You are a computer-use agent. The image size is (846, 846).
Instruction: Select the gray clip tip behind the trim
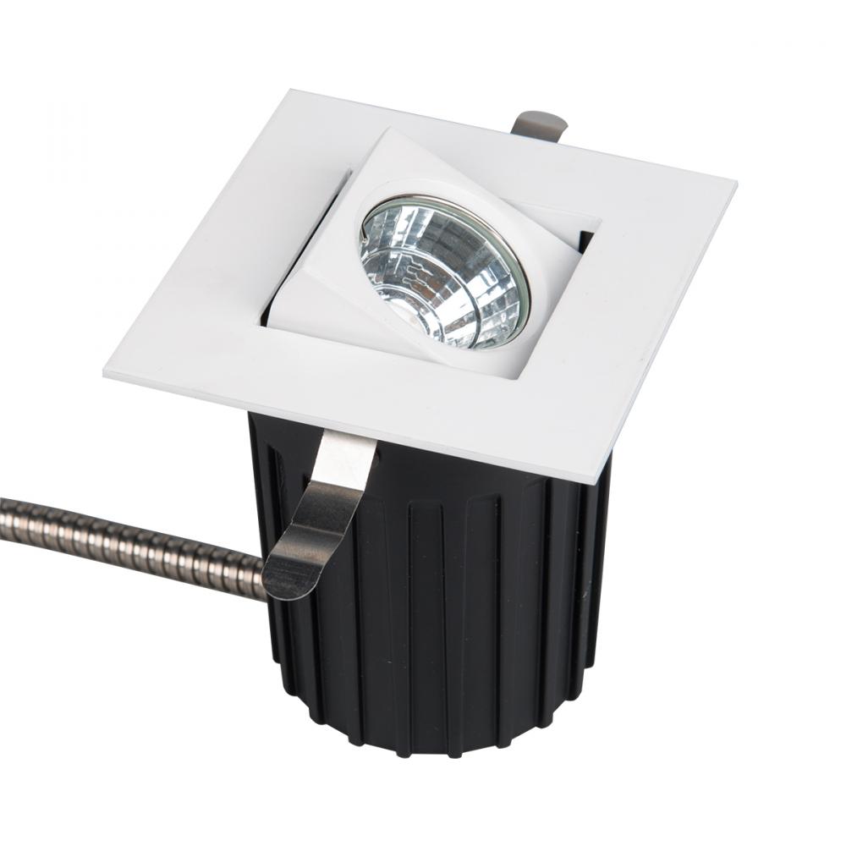click(x=539, y=124)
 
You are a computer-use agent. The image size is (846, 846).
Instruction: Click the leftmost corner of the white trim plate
click(x=106, y=373)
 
